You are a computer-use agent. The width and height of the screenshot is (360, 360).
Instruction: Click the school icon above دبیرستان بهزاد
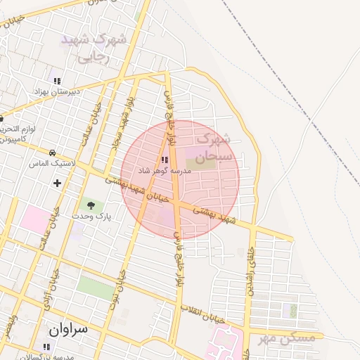click(57, 81)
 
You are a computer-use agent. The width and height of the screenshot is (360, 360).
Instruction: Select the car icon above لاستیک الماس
click(53, 153)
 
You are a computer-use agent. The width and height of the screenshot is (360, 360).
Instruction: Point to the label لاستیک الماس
click(53, 163)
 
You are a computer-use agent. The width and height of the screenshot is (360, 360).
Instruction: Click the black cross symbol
click(57, 183)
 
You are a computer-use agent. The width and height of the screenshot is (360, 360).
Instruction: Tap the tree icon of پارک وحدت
click(91, 205)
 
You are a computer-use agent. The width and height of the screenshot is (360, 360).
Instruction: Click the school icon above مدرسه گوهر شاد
click(165, 160)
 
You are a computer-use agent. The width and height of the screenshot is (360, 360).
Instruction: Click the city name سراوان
click(70, 328)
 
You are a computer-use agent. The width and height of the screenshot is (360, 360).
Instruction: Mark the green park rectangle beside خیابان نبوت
click(95, 287)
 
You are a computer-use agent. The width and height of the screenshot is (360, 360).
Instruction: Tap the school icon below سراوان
click(46, 347)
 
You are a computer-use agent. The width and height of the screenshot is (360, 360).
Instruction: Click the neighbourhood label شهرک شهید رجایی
click(95, 48)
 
